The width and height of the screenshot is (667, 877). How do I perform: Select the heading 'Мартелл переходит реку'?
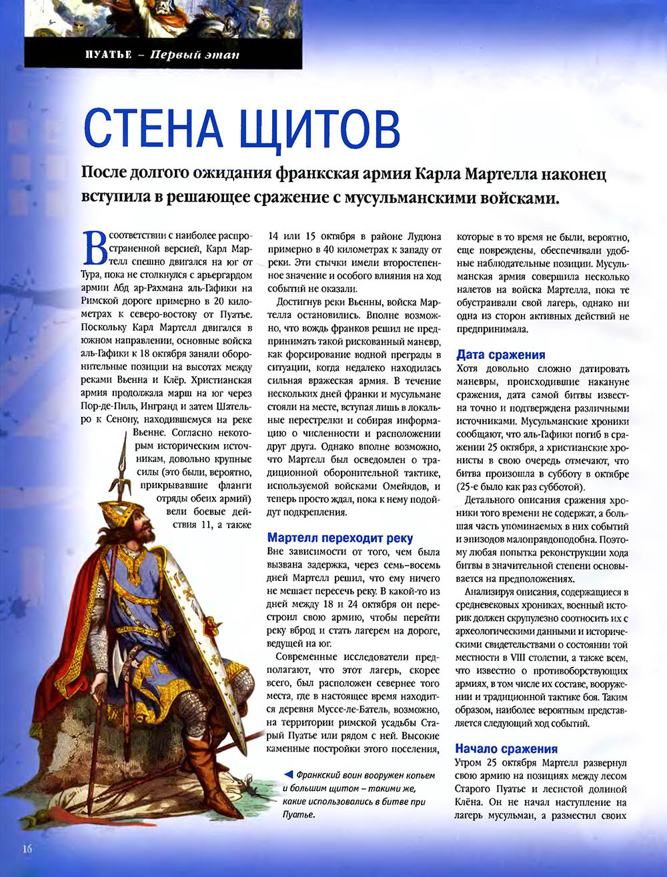340,538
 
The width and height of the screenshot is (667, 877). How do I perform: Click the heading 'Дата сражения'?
501,355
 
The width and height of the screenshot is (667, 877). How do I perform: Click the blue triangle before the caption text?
287,775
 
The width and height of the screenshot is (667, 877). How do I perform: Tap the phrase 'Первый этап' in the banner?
195,55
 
